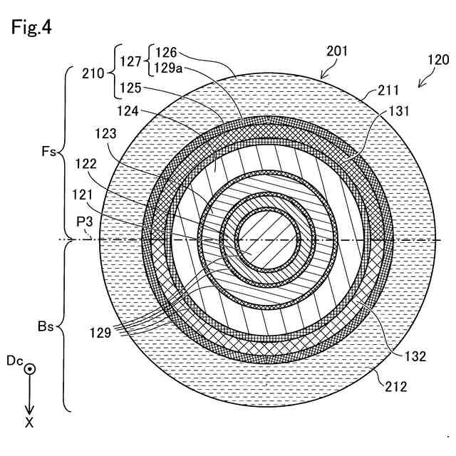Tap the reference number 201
point(338,51)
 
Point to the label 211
point(389,90)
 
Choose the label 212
point(395,387)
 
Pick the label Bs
point(46,328)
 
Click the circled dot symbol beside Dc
point(30,370)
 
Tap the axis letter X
point(29,423)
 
